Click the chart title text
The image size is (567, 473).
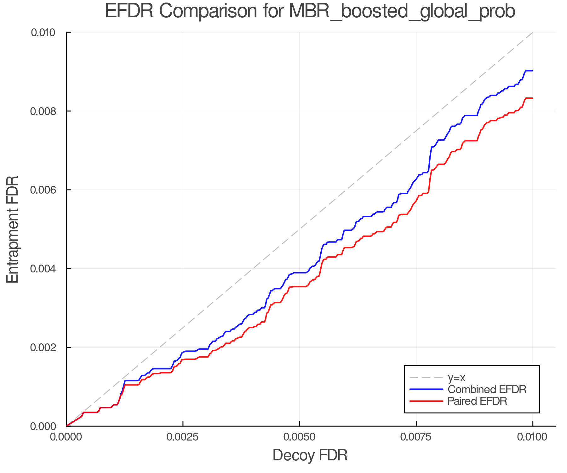pyautogui.click(x=310, y=11)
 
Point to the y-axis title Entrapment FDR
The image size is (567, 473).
pyautogui.click(x=13, y=229)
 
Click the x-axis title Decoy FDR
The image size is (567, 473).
pyautogui.click(x=310, y=455)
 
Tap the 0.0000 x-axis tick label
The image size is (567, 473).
pyautogui.click(x=66, y=437)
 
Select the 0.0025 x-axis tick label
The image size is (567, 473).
pyautogui.click(x=183, y=437)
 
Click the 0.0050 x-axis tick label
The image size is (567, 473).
pyautogui.click(x=299, y=437)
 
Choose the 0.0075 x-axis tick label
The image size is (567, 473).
pyautogui.click(x=416, y=437)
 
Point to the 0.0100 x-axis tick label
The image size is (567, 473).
pyautogui.click(x=533, y=437)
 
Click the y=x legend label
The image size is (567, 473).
pyautogui.click(x=456, y=377)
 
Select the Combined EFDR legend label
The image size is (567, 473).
pyautogui.click(x=487, y=389)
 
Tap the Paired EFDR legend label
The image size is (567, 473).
pyautogui.click(x=477, y=401)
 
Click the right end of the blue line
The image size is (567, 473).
pyautogui.click(x=532, y=71)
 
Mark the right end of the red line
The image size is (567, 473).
pyautogui.click(x=532, y=98)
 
